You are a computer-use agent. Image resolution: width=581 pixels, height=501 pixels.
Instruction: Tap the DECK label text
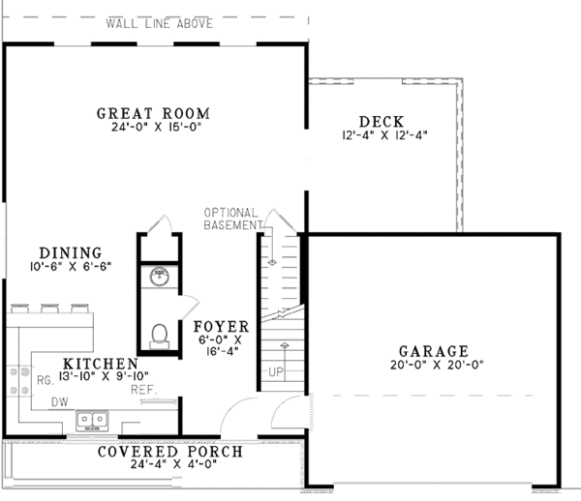click(381, 122)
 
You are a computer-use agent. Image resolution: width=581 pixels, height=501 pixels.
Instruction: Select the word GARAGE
click(433, 351)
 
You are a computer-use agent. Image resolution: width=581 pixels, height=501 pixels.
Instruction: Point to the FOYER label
click(221, 326)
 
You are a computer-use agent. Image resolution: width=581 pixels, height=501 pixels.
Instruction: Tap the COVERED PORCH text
click(171, 453)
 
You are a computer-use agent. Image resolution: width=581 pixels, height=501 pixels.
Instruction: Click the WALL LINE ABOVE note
click(161, 23)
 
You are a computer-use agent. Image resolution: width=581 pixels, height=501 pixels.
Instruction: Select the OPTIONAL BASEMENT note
click(231, 219)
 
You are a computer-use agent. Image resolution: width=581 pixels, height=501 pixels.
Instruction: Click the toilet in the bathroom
click(160, 335)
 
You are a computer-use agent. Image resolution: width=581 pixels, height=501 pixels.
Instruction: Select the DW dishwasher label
click(59, 400)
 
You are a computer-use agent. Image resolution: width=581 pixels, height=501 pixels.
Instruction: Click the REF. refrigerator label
click(142, 390)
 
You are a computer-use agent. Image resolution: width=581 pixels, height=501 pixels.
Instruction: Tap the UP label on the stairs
click(276, 371)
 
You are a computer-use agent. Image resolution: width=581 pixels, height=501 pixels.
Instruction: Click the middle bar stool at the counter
click(47, 309)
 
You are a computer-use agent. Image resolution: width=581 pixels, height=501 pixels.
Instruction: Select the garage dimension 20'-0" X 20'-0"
click(433, 366)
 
